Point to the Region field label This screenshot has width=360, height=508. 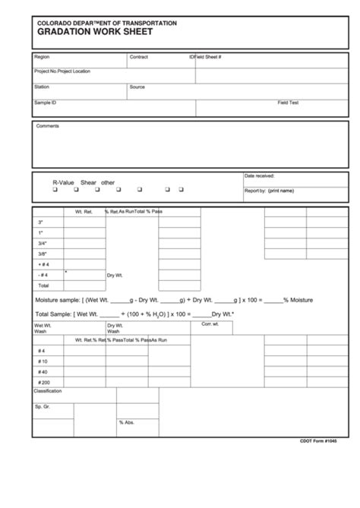tap(43, 57)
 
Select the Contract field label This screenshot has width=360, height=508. tap(139, 57)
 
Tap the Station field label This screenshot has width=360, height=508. tap(43, 87)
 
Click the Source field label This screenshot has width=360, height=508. tap(137, 87)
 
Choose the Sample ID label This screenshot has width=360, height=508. tap(46, 102)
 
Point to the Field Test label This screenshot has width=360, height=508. tap(288, 102)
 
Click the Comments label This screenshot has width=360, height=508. tap(48, 126)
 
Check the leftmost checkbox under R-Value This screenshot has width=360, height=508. tap(55, 191)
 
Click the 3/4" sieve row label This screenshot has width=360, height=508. tap(42, 243)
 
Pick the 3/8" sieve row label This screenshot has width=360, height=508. tap(42, 254)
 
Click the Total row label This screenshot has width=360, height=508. tap(43, 286)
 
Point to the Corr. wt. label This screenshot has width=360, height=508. tap(210, 325)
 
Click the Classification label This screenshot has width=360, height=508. tap(49, 391)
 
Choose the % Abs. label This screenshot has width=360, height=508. tap(125, 422)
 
